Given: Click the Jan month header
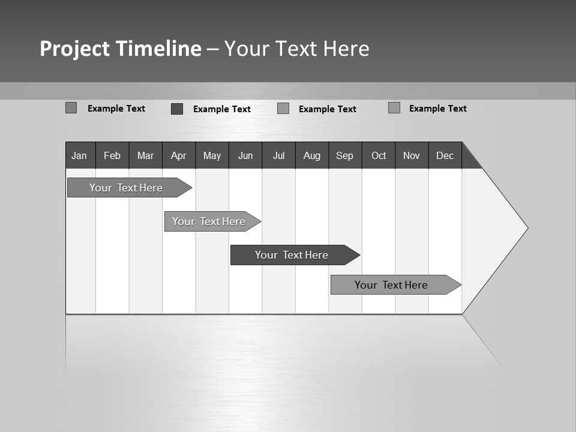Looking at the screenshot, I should pyautogui.click(x=80, y=155).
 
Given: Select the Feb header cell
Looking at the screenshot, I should pyautogui.click(x=112, y=155).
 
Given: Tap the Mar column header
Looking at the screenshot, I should pyautogui.click(x=145, y=155).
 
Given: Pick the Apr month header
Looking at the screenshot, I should pyautogui.click(x=179, y=155).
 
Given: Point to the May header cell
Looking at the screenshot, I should pyautogui.click(x=212, y=155).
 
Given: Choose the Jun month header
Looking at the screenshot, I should pyautogui.click(x=245, y=155).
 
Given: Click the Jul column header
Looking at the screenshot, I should pyautogui.click(x=278, y=155).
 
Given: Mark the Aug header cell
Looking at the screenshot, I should pyautogui.click(x=312, y=155).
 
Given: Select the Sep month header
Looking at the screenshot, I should pyautogui.click(x=345, y=155).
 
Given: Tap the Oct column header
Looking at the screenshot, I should pyautogui.click(x=379, y=155).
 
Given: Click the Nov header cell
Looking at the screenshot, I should pyautogui.click(x=412, y=155).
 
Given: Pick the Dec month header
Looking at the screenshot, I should pyautogui.click(x=445, y=155).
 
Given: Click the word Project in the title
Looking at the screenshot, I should pyautogui.click(x=74, y=49).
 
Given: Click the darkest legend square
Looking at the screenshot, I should pyautogui.click(x=177, y=109).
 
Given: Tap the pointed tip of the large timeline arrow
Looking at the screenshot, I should pyautogui.click(x=526, y=228).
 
